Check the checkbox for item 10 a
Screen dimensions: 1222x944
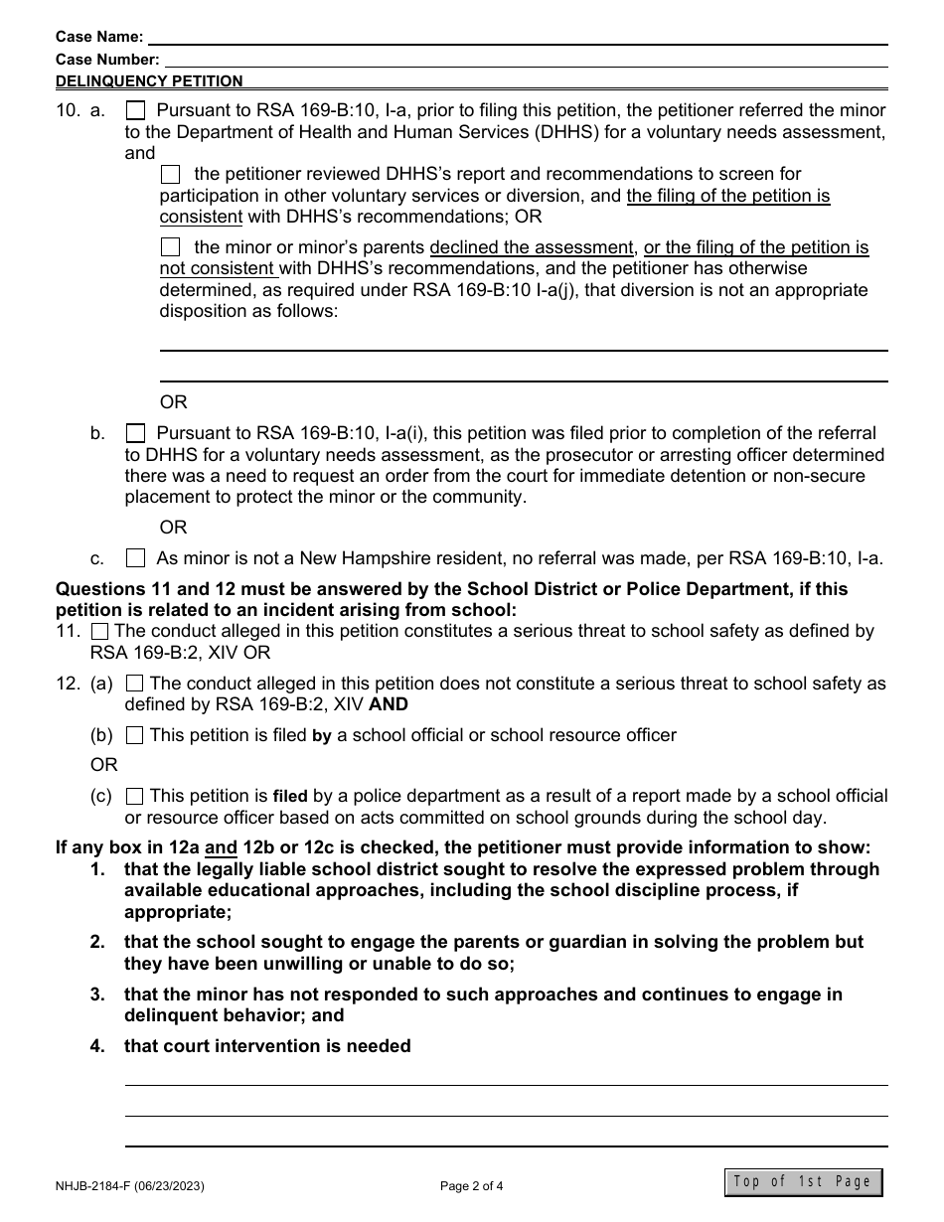click(x=136, y=110)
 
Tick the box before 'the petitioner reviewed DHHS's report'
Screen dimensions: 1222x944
click(x=171, y=174)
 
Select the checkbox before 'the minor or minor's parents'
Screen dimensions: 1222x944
click(x=171, y=246)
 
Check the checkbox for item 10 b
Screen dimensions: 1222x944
click(x=136, y=433)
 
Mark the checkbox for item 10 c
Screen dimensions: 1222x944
click(x=136, y=558)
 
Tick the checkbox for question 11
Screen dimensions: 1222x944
click(x=100, y=631)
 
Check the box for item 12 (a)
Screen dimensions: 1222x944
click(x=134, y=684)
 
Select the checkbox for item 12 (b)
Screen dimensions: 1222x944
click(x=134, y=735)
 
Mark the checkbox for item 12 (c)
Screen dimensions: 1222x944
click(x=134, y=796)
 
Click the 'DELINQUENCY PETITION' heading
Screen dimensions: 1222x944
click(x=149, y=81)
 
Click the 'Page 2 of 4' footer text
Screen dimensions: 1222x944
click(x=472, y=1184)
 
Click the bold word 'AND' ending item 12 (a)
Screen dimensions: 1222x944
click(x=389, y=704)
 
